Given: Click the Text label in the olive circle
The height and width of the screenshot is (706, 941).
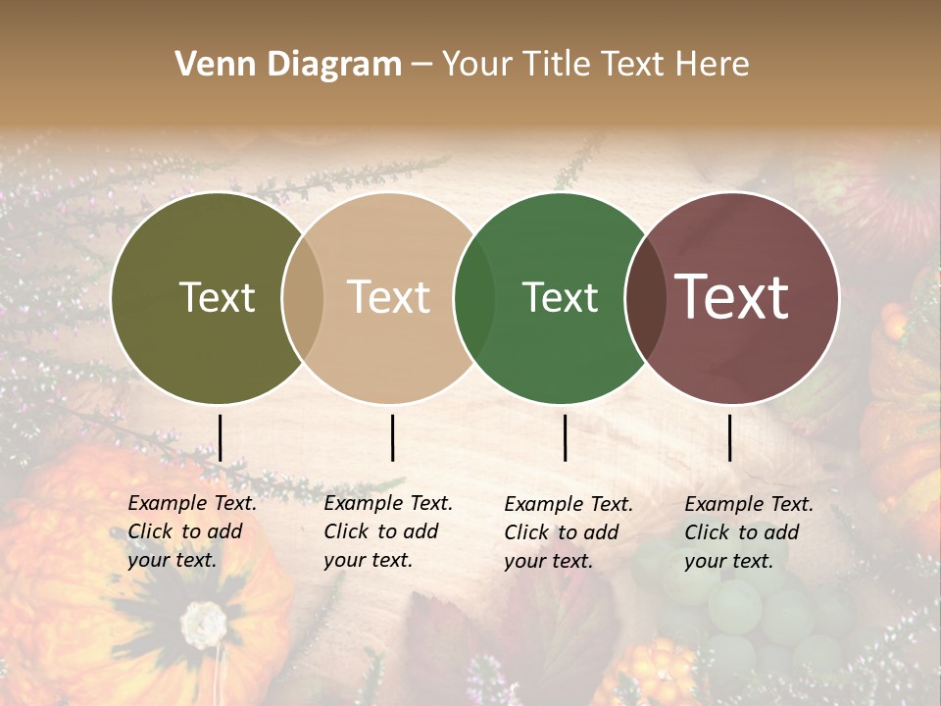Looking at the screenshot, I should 217,298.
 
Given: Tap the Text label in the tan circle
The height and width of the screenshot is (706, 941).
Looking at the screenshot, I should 388,298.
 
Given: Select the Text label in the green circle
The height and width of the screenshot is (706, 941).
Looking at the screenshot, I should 560,298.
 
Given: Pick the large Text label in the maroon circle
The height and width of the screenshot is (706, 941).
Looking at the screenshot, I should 731,298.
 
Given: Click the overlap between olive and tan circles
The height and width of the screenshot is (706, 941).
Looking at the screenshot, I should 303,298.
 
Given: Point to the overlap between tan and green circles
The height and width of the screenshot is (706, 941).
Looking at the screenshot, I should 475,298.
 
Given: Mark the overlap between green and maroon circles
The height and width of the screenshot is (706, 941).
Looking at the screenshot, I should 645,298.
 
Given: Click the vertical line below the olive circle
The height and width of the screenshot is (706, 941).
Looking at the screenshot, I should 221,437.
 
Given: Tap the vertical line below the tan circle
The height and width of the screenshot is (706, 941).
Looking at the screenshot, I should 392,437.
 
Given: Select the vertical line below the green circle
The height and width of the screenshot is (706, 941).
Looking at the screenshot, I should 566,437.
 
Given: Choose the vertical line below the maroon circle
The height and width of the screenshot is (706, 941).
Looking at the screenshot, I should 730,437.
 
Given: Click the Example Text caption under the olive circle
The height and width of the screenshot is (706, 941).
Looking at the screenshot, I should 191,531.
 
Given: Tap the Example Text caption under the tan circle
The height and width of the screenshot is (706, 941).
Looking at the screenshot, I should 387,531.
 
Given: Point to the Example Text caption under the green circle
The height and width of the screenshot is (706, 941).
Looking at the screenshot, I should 568,532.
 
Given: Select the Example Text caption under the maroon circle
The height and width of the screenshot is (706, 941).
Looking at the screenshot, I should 748,532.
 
